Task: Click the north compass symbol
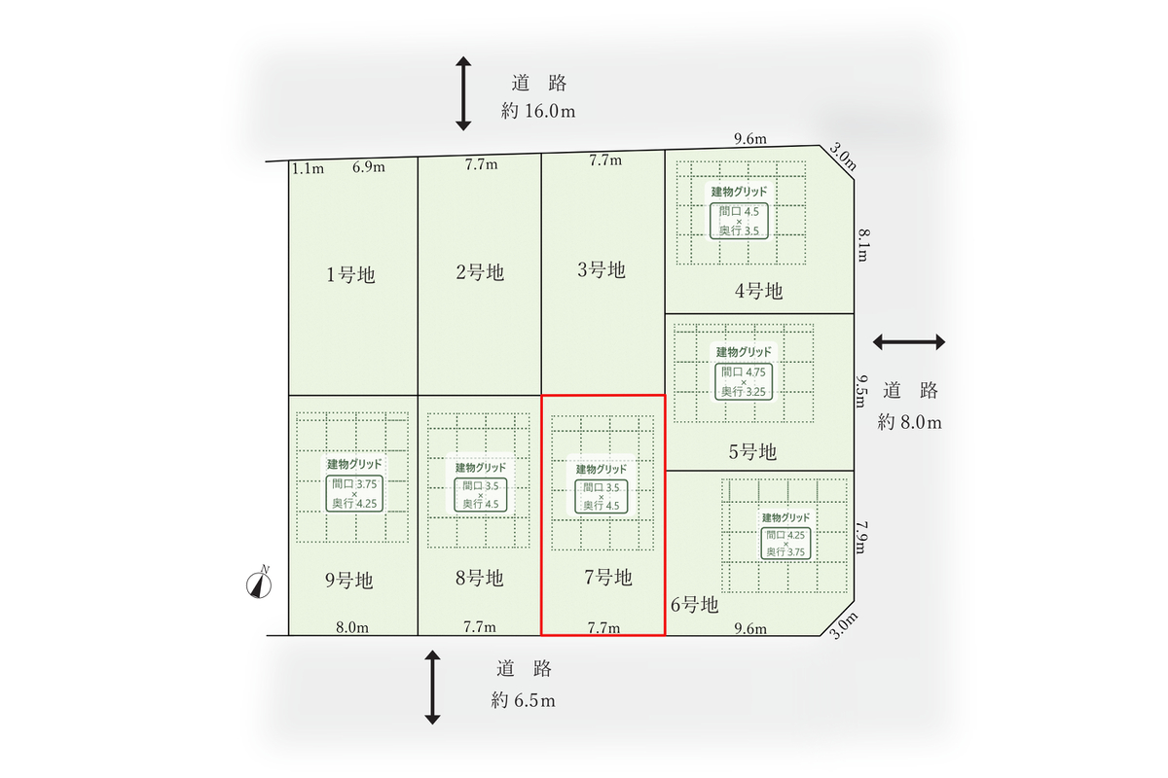[259, 583]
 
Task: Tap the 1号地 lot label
[350, 274]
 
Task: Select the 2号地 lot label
[480, 272]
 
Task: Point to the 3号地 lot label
[602, 269]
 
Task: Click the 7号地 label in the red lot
[608, 577]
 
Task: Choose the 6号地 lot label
[695, 605]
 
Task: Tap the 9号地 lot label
[348, 580]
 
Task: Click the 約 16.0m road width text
[538, 111]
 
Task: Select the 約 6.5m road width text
[523, 700]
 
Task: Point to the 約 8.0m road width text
[909, 422]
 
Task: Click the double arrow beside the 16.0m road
[463, 93]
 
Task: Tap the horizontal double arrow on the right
[909, 342]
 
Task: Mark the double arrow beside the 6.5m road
[432, 687]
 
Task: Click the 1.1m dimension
[308, 168]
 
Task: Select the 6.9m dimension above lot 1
[369, 166]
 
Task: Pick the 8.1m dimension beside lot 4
[863, 245]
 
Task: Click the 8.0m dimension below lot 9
[352, 627]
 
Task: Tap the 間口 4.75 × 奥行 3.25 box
[743, 381]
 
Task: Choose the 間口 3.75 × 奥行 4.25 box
[354, 493]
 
